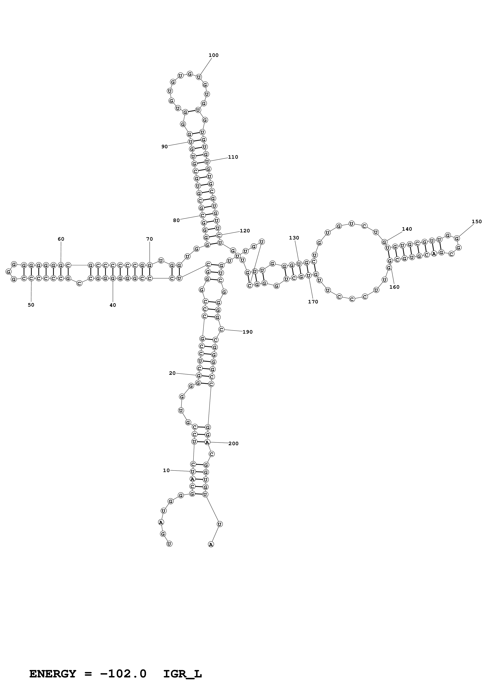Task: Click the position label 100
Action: click(213, 55)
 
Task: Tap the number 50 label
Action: click(31, 305)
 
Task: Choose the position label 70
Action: click(149, 239)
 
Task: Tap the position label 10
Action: click(166, 470)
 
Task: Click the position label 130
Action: click(294, 238)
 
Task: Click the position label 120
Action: click(245, 231)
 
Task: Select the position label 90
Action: click(165, 147)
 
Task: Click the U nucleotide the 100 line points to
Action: click(199, 77)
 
